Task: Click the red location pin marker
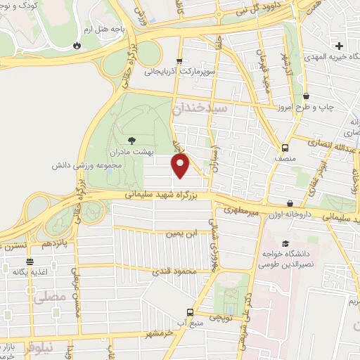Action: (x=181, y=165)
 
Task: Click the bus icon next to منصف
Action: (x=285, y=148)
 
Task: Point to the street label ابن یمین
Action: (x=181, y=232)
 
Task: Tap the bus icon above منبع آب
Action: (x=189, y=311)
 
